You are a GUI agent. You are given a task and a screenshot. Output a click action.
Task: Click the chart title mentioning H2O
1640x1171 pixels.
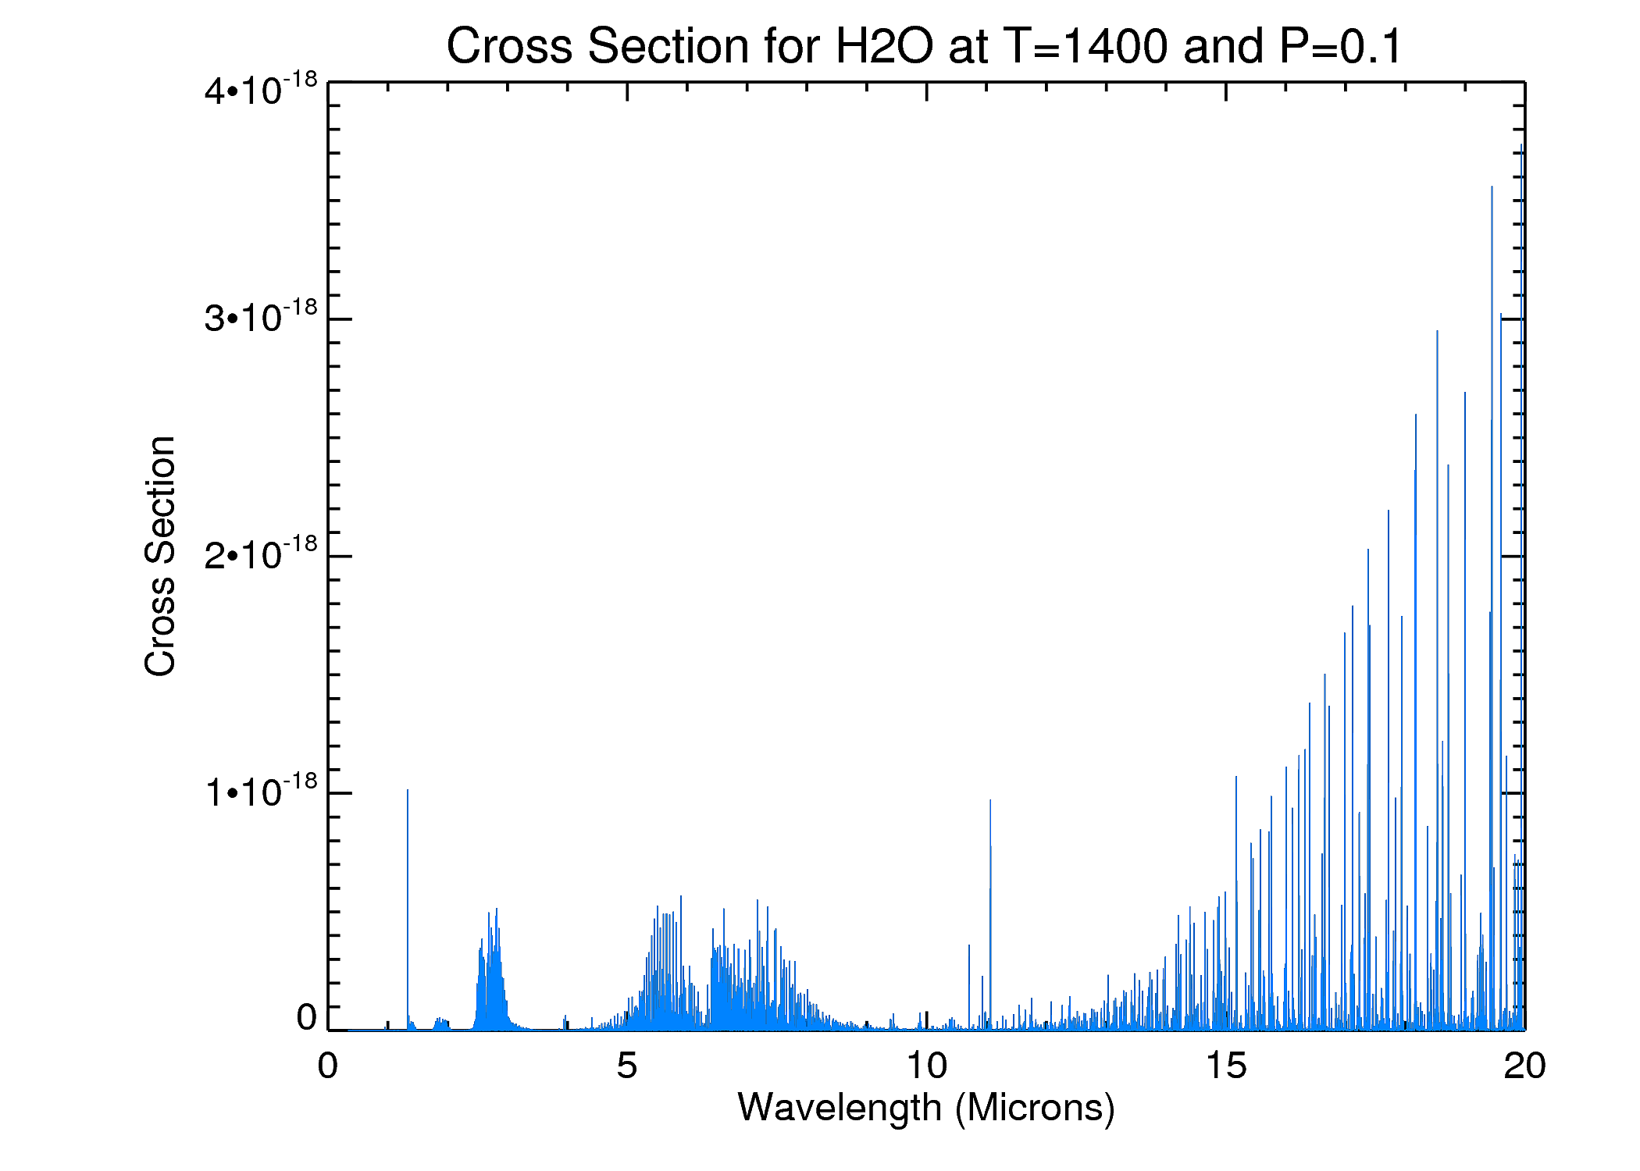click(x=925, y=45)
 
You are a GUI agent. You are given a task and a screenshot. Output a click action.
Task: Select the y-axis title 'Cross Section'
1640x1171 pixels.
click(x=160, y=556)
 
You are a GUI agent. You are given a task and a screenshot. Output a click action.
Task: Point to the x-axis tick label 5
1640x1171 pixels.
click(x=626, y=1066)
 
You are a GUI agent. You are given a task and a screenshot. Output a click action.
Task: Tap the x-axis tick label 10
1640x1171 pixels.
click(x=926, y=1066)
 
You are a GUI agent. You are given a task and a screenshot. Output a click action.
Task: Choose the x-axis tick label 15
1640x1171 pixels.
click(x=1225, y=1066)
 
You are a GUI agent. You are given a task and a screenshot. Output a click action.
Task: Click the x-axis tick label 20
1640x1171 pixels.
click(x=1524, y=1066)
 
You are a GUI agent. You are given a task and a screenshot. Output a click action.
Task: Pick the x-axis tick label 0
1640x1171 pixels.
click(x=328, y=1066)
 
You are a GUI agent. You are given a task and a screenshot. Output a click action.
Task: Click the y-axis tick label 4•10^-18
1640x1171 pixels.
click(x=261, y=89)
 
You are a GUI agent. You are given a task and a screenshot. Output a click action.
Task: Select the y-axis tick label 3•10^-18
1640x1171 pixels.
click(x=261, y=317)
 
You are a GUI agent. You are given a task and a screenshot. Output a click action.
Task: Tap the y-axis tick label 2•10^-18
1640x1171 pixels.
click(x=261, y=554)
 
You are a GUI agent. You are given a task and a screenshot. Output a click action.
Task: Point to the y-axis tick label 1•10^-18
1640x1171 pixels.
click(x=261, y=792)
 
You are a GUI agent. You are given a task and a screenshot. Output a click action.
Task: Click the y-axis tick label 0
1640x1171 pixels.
click(x=306, y=1018)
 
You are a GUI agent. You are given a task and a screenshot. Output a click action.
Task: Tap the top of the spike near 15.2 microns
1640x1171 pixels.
click(x=1236, y=778)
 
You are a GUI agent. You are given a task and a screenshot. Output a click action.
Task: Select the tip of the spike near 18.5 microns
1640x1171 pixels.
click(x=1437, y=333)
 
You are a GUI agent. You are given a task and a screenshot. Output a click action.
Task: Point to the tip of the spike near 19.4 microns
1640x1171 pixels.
click(x=1492, y=187)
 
